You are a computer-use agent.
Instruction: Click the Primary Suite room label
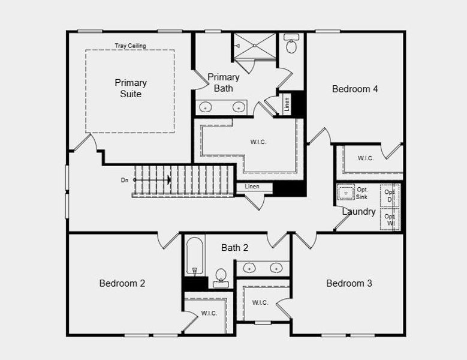tap(131, 88)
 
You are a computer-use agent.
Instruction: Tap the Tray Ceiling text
tap(130, 46)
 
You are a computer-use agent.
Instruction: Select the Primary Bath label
tap(224, 83)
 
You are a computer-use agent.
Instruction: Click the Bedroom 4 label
tap(355, 89)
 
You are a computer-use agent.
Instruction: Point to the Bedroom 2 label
tap(122, 283)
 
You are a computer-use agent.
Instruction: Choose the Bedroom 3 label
tap(349, 283)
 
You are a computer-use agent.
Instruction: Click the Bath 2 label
tap(234, 248)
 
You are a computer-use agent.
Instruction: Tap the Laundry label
tap(358, 212)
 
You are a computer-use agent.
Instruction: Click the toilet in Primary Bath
tap(292, 45)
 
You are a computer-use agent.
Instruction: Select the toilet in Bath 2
tap(221, 278)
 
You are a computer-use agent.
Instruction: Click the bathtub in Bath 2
tap(195, 255)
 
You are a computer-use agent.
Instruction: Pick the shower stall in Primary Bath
tap(254, 46)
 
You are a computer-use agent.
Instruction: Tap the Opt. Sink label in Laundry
tap(361, 193)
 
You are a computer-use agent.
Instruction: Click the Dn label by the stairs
tap(125, 179)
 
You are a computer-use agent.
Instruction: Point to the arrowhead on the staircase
tap(169, 179)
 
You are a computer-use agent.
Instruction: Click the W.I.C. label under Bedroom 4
tap(366, 158)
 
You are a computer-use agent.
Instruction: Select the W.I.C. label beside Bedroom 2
tap(209, 313)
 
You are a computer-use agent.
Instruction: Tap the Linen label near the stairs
tap(252, 187)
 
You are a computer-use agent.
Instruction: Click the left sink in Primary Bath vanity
tap(206, 108)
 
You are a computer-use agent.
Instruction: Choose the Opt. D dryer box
tap(390, 196)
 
